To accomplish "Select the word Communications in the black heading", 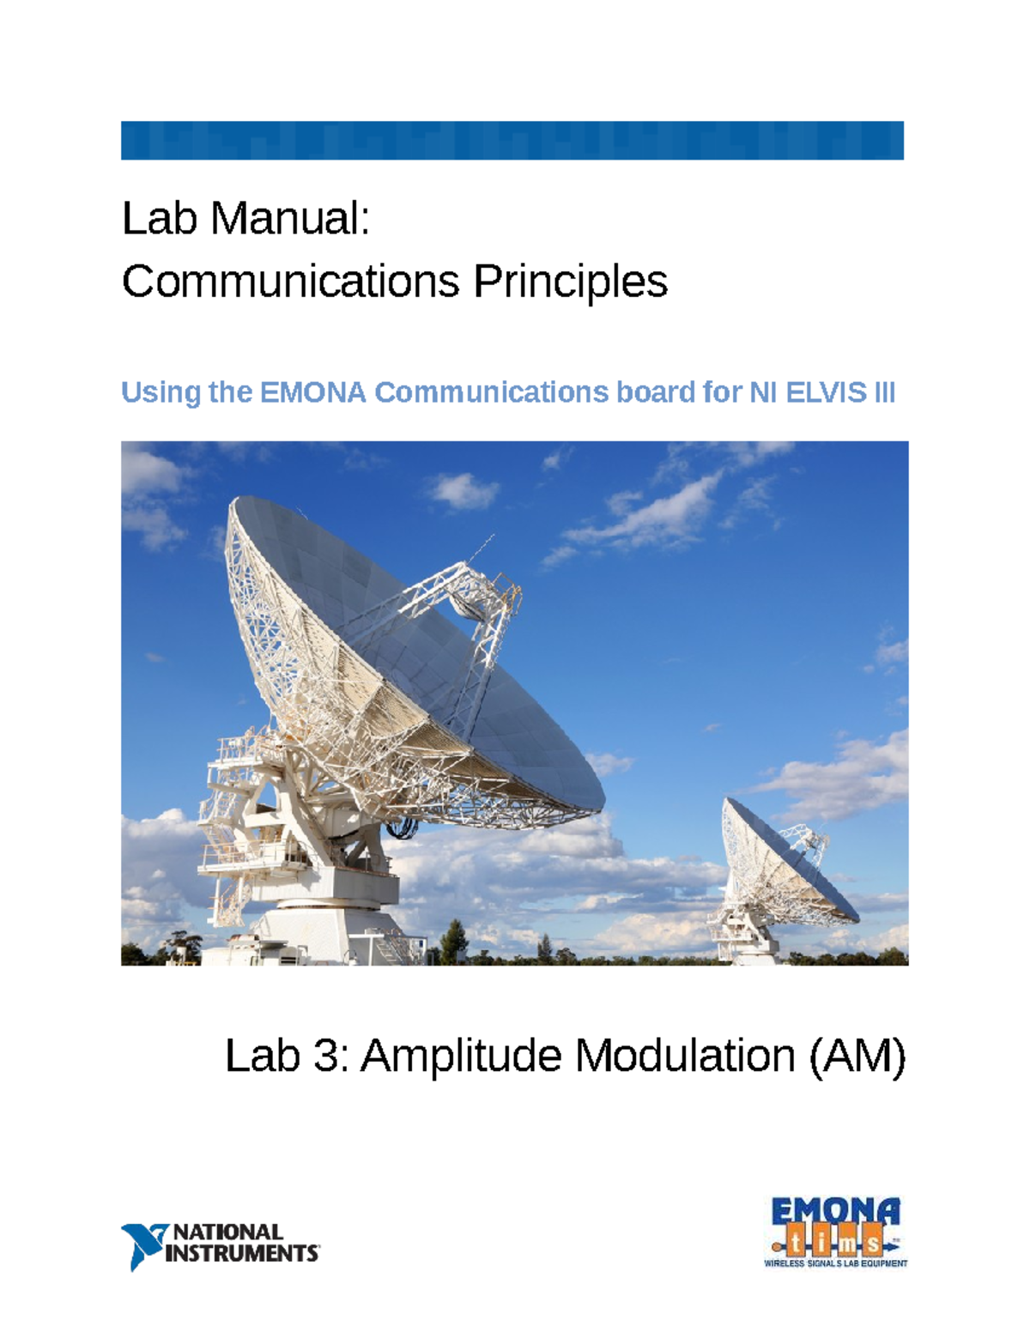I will coord(290,282).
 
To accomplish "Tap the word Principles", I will coord(570,282).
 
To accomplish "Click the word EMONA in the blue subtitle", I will coord(312,392).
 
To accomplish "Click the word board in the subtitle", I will coord(654,392).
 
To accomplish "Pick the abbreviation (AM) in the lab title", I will coord(857,1056).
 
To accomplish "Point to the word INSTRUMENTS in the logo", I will coord(242,1254).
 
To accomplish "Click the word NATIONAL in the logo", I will coord(228,1233).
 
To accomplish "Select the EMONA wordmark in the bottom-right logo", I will coord(835,1211).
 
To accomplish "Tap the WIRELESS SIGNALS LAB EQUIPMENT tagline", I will coord(835,1263).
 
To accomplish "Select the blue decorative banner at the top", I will coord(512,141).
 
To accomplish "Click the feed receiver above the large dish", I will coord(481,601).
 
